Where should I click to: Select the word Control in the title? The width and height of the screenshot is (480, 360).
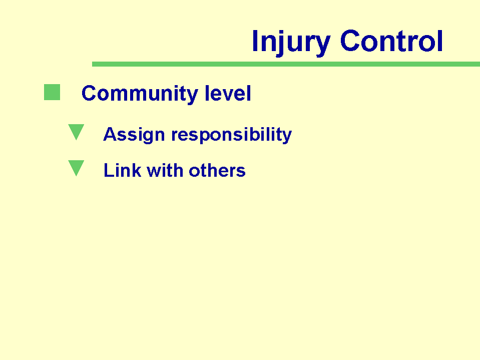(391, 41)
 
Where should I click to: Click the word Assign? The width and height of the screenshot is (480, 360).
(134, 135)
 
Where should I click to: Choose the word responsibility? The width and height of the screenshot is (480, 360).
(231, 135)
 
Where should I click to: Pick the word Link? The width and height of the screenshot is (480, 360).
(123, 170)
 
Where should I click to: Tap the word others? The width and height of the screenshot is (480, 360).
(217, 170)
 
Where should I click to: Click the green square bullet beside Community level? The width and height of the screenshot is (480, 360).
(52, 92)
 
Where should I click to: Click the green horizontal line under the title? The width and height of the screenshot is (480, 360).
(286, 64)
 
